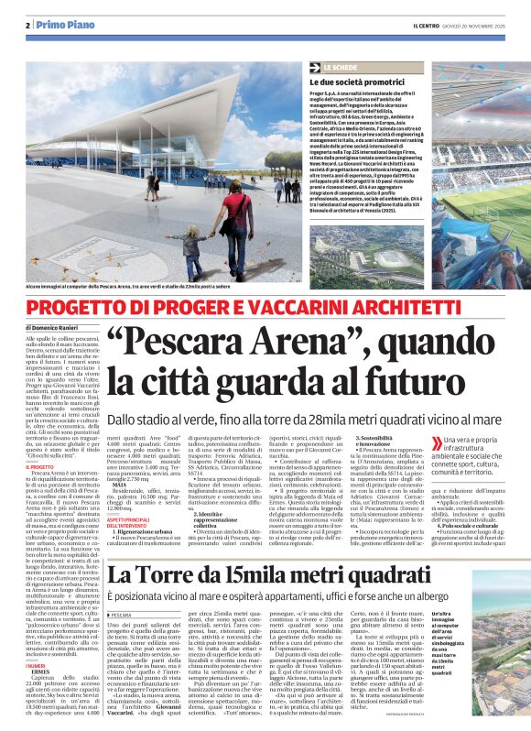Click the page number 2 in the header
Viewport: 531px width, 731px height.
coord(28,25)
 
